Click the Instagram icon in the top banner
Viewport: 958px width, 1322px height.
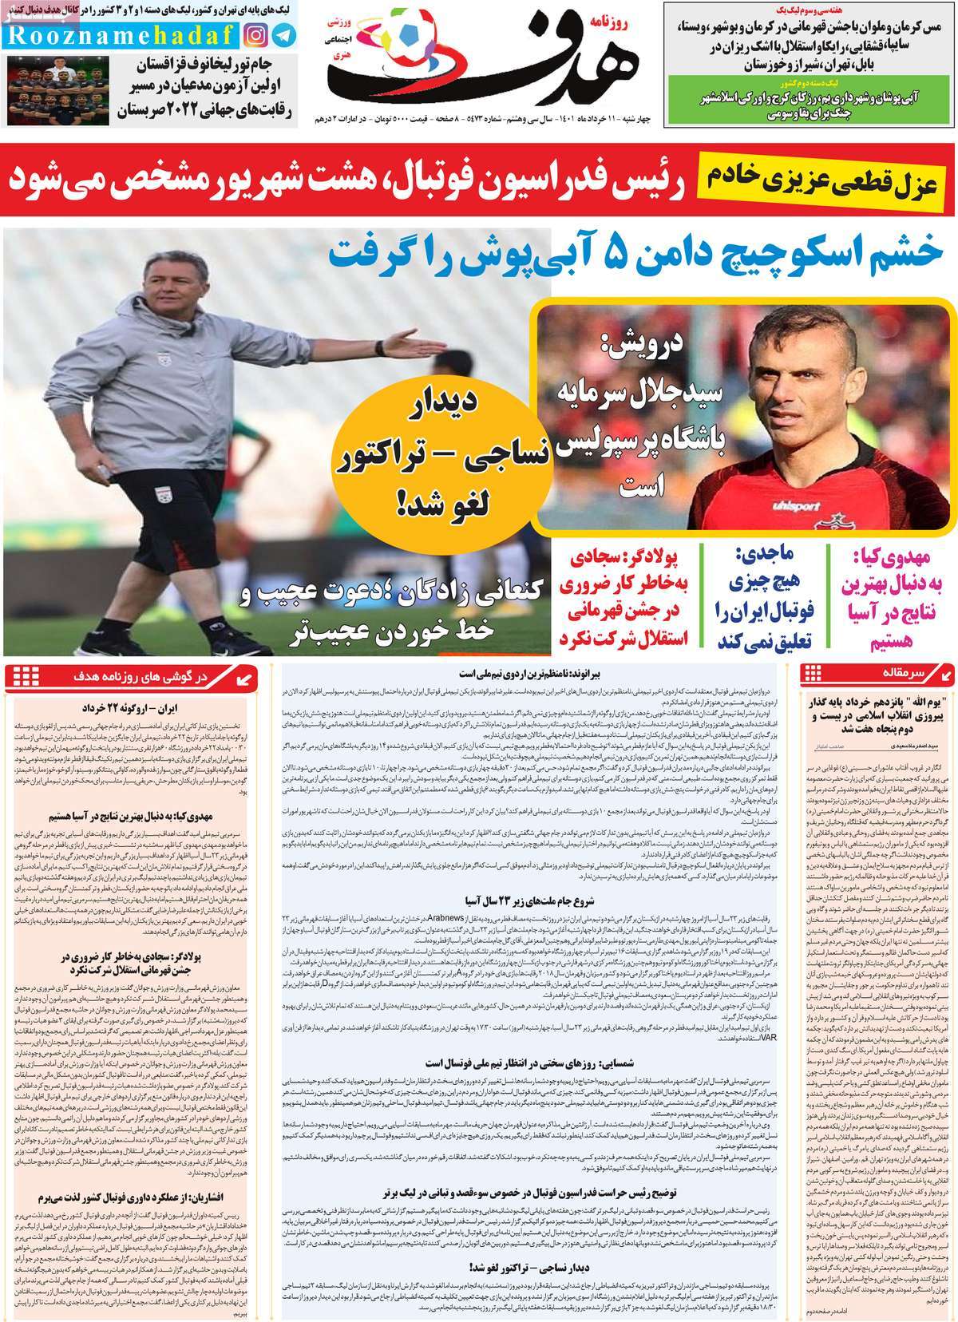tap(255, 34)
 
